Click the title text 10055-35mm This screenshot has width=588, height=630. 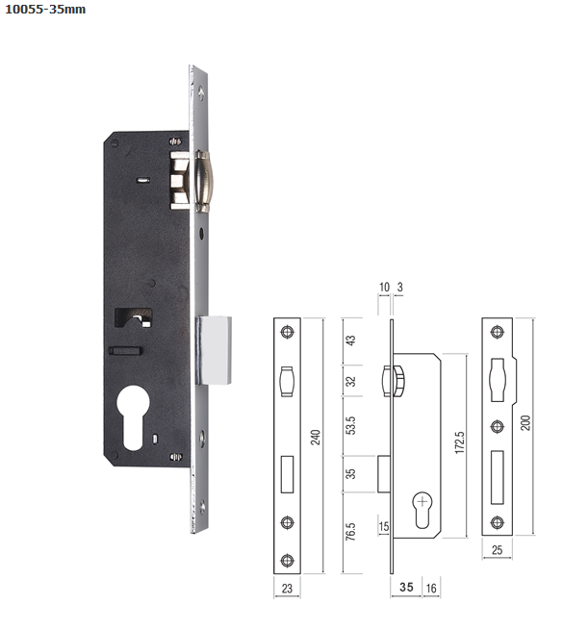[x=45, y=10]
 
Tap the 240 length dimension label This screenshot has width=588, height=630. [x=316, y=437]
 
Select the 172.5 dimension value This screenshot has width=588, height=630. [x=459, y=442]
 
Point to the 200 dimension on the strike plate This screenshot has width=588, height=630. [x=525, y=422]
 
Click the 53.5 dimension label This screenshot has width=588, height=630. [x=351, y=425]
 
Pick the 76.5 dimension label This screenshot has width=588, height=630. [x=351, y=532]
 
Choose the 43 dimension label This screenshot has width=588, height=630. [x=351, y=340]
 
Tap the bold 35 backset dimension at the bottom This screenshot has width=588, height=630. [x=406, y=587]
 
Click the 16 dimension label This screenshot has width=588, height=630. [x=431, y=589]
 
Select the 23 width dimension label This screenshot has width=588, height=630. [x=287, y=589]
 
